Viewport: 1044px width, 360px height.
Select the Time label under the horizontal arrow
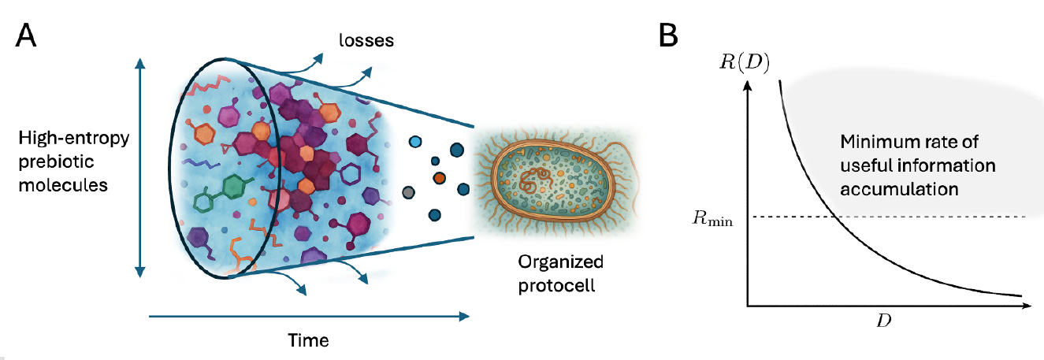pos(307,340)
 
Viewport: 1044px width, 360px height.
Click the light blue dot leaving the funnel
pos(416,143)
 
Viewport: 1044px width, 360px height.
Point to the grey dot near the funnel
pos(407,192)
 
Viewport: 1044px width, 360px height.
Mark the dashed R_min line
pos(906,217)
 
